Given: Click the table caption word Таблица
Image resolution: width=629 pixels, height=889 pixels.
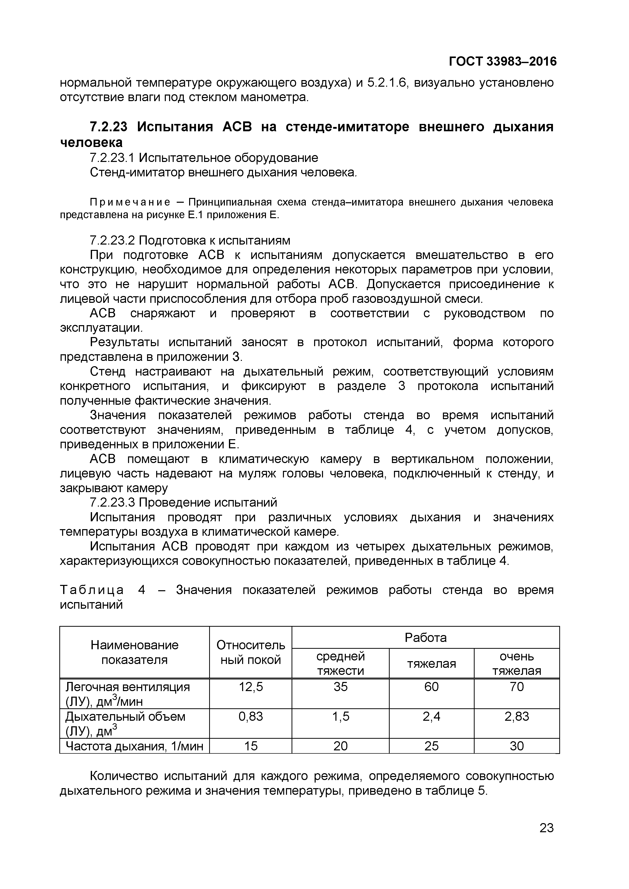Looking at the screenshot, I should (92, 590).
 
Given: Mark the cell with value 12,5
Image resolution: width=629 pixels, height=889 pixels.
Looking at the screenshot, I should (250, 687).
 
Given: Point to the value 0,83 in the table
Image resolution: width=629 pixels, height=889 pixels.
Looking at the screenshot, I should (250, 717).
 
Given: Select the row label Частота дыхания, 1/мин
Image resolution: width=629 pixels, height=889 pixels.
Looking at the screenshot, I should (134, 746).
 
